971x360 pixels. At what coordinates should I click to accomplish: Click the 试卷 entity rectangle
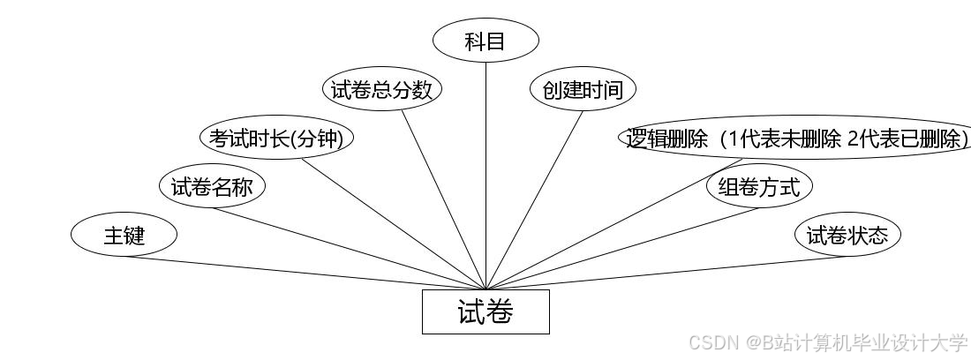click(485, 311)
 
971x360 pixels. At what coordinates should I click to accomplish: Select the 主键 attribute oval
click(124, 236)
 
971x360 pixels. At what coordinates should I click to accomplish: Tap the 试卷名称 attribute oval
click(212, 187)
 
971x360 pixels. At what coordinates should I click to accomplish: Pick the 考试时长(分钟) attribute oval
click(276, 139)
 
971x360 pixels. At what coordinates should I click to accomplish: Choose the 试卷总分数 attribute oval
click(381, 90)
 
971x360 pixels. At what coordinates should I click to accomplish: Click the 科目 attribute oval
click(485, 41)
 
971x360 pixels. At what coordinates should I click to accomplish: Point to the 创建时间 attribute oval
click(583, 90)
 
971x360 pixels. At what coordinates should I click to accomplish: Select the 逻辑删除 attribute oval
click(794, 139)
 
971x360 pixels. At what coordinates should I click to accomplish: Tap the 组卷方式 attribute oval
click(759, 187)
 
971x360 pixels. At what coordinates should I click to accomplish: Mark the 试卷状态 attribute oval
click(848, 236)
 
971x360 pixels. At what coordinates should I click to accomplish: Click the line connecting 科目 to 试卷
click(486, 176)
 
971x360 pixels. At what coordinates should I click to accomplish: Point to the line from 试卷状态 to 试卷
click(666, 273)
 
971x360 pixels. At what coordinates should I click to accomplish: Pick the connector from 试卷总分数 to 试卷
click(444, 200)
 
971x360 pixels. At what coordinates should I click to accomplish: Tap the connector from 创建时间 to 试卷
click(534, 200)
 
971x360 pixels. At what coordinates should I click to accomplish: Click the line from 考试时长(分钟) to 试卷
click(395, 224)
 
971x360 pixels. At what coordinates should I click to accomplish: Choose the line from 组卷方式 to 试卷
click(622, 249)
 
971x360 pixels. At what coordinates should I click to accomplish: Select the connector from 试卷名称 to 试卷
click(349, 249)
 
